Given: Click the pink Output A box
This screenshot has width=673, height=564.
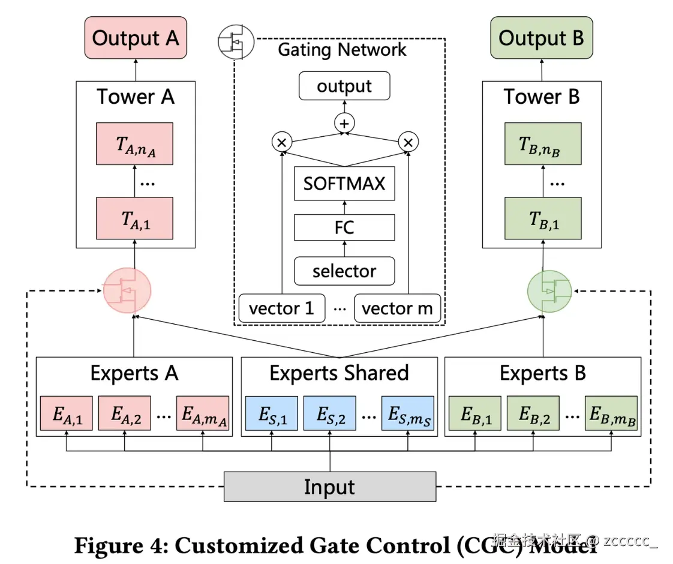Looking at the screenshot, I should [x=135, y=38].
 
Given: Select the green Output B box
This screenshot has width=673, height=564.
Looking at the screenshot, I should [x=541, y=38].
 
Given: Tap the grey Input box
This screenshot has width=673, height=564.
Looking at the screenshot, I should [x=329, y=486].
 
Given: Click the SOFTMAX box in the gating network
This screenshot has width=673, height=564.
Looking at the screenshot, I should [x=344, y=183].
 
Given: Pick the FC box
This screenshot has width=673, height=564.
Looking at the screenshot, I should [x=344, y=228].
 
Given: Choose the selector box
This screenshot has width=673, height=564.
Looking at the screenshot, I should [x=344, y=271].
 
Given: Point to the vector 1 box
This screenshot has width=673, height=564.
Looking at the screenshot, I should [x=281, y=308].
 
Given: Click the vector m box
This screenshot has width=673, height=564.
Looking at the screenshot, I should [x=397, y=308].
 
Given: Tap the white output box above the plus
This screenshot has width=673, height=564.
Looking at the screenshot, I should [x=344, y=86].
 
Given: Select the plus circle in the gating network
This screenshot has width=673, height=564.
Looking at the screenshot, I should [x=344, y=124].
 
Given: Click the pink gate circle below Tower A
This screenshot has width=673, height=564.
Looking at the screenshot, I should [x=127, y=291].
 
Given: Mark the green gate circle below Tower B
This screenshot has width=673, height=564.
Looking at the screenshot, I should [x=549, y=291].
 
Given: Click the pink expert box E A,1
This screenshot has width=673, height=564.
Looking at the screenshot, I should [x=66, y=414].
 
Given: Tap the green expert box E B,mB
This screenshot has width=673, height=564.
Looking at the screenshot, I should [x=611, y=414].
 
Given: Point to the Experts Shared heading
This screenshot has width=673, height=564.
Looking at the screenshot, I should [x=339, y=373].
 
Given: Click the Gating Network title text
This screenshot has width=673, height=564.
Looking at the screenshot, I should [x=342, y=49].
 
